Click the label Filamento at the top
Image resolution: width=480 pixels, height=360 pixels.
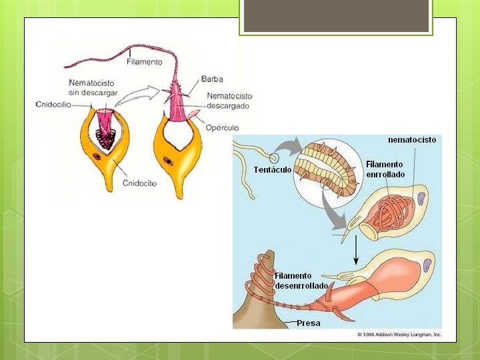tap(144, 62)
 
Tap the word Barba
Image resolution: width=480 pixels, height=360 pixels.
tap(213, 79)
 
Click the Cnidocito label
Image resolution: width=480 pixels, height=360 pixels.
tap(140, 183)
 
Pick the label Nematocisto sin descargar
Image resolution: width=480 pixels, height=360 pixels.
tap(91, 87)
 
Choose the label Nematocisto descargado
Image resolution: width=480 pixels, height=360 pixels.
tap(228, 101)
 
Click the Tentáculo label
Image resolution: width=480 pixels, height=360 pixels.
tap(272, 169)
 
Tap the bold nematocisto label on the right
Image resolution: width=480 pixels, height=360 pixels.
tap(412, 140)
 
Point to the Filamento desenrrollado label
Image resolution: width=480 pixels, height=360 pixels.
tap(301, 281)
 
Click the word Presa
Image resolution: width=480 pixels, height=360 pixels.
tap(308, 323)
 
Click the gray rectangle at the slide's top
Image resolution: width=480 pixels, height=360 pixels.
tap(336, 16)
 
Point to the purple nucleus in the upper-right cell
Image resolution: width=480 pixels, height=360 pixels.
tap(421, 197)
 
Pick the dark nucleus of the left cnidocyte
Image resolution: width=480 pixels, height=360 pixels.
tap(97, 157)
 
